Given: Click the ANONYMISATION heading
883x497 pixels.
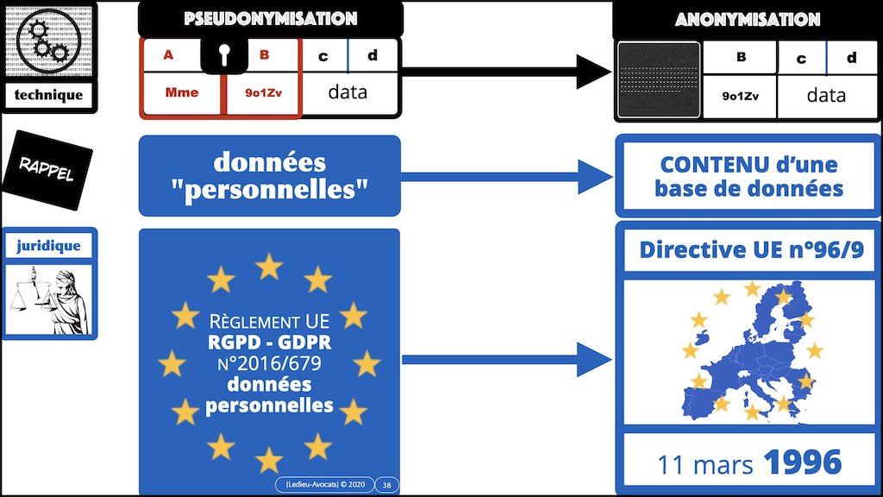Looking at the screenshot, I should coord(747,19).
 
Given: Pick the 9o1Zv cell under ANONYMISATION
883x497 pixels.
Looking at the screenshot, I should coord(739,96).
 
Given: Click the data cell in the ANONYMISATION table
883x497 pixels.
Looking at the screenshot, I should coord(825,96).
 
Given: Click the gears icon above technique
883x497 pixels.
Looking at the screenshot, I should coord(48,41).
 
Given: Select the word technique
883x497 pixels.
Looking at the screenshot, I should coord(48,95).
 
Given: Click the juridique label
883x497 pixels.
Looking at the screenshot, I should coord(48,246).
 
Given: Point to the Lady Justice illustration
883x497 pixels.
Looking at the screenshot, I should coord(49,299).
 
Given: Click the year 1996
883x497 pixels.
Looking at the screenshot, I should coord(803,463).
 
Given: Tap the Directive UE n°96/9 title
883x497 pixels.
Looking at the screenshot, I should coord(747,249).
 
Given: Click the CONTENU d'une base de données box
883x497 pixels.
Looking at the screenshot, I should coord(747,176).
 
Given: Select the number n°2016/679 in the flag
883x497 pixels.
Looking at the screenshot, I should coord(268,364).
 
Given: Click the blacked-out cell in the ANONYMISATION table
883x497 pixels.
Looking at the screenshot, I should coord(659,79).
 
